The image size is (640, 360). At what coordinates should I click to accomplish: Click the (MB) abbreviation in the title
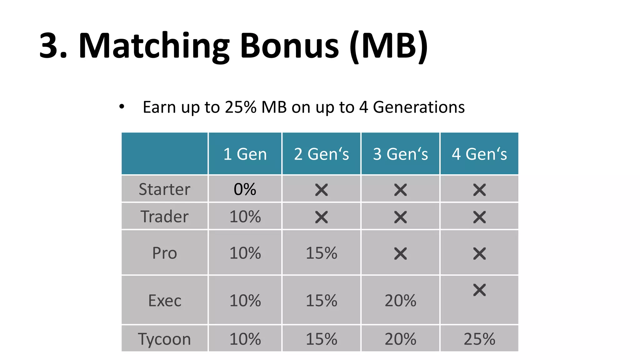[x=388, y=46]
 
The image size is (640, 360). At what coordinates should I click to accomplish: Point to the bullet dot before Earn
[x=122, y=107]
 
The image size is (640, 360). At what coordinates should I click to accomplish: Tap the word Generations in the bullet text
[x=419, y=107]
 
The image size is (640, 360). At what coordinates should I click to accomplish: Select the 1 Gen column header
[x=245, y=154]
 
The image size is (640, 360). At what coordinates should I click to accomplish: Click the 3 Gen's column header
[x=400, y=154]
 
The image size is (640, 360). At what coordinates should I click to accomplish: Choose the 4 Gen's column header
[x=479, y=154]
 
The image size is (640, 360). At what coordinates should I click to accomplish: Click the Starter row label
[x=164, y=189]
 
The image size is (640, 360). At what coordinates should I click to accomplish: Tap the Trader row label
[x=164, y=217]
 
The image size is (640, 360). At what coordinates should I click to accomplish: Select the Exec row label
[x=164, y=301]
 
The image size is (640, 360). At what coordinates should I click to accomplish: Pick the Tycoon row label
[x=164, y=339]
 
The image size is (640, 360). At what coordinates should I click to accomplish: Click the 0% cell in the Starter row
[x=245, y=189]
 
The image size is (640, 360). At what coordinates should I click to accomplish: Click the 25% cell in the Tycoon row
[x=479, y=339]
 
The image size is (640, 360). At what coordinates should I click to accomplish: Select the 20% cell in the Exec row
[x=400, y=301]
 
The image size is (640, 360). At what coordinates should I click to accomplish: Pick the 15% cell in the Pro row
[x=321, y=253]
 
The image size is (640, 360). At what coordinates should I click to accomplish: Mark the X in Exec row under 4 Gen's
[x=479, y=290]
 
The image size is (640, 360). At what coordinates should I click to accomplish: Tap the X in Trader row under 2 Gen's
[x=321, y=217]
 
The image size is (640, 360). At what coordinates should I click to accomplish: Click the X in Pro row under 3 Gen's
[x=400, y=254]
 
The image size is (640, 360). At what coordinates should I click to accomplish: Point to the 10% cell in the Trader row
[x=245, y=217]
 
